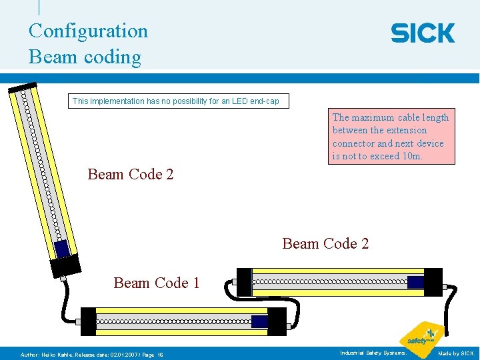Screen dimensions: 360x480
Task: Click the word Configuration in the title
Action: (x=88, y=31)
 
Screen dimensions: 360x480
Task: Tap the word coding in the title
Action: (x=113, y=57)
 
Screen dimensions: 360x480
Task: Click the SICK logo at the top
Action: (x=423, y=33)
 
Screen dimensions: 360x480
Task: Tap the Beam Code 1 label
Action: (x=157, y=283)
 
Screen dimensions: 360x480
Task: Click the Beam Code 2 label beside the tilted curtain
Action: (x=131, y=175)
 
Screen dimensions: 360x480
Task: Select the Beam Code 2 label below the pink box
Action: (x=325, y=243)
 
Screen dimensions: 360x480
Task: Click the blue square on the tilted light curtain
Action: (x=62, y=248)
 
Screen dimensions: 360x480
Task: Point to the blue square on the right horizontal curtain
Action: (x=415, y=282)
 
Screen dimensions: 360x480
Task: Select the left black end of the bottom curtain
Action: (x=88, y=321)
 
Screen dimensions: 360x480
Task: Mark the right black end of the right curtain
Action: (x=433, y=281)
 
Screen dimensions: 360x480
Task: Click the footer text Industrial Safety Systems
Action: (x=373, y=353)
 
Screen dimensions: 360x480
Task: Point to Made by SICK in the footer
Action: (x=456, y=353)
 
